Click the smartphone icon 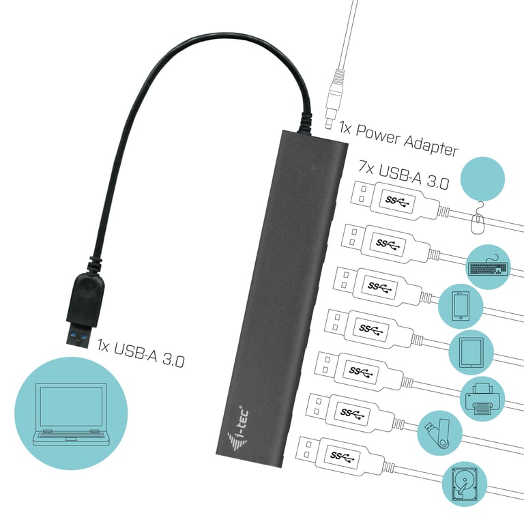click(459, 306)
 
